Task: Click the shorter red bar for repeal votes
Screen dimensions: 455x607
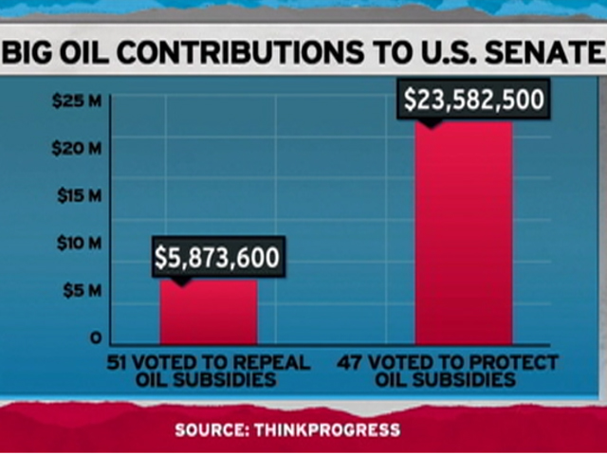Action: click(208, 313)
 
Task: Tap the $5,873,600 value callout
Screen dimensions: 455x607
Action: click(218, 256)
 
